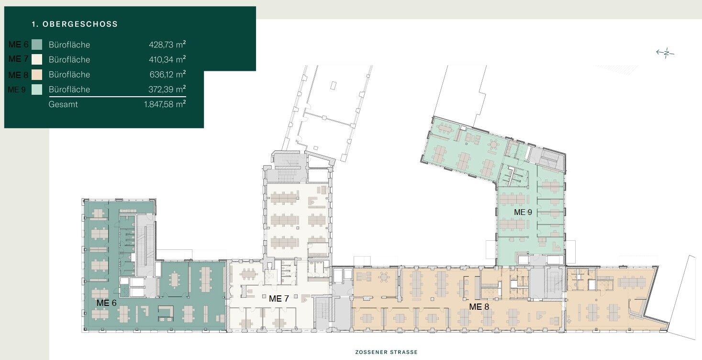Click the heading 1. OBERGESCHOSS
click(75, 24)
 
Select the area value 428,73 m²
click(167, 45)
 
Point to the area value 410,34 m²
click(167, 59)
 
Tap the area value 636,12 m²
click(167, 74)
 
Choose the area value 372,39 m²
click(167, 89)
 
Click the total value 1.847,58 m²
click(165, 104)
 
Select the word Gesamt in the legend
click(63, 104)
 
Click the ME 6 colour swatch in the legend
click(37, 45)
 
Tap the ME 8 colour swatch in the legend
click(37, 75)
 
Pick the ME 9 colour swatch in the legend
click(37, 90)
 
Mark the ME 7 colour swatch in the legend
click(37, 59)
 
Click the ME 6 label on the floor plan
click(107, 303)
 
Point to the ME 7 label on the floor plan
click(279, 299)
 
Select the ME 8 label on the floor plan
click(479, 307)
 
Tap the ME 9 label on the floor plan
click(523, 212)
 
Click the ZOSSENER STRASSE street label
click(387, 352)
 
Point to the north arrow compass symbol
click(665, 53)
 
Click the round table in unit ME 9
click(494, 145)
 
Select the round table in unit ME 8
click(384, 277)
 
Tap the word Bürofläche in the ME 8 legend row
click(69, 75)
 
